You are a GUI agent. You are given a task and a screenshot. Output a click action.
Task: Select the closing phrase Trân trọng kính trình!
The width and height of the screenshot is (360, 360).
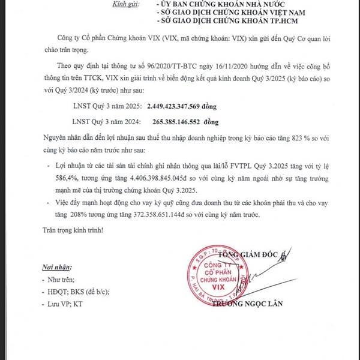[x=73, y=230]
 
